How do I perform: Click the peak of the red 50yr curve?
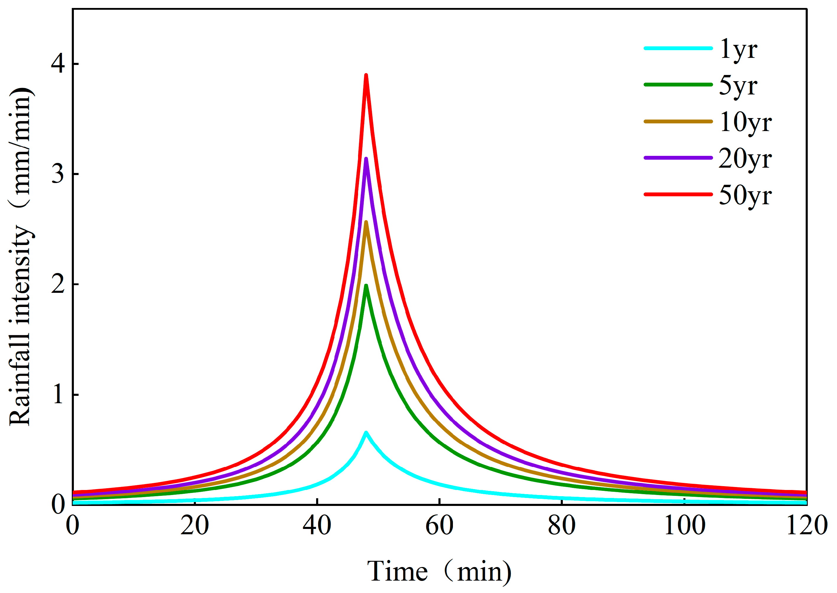click(x=366, y=75)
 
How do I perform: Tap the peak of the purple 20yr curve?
click(x=366, y=158)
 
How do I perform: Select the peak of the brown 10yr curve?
click(x=366, y=222)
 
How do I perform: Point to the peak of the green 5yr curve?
click(x=366, y=285)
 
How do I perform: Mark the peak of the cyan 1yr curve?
click(x=366, y=432)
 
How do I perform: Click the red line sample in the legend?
click(x=678, y=194)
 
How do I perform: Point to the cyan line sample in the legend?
click(x=678, y=48)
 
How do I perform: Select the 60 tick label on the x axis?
click(x=439, y=525)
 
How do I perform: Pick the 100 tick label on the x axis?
click(x=684, y=525)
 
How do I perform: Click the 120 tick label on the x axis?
click(x=807, y=525)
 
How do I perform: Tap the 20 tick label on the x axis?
click(x=195, y=525)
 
